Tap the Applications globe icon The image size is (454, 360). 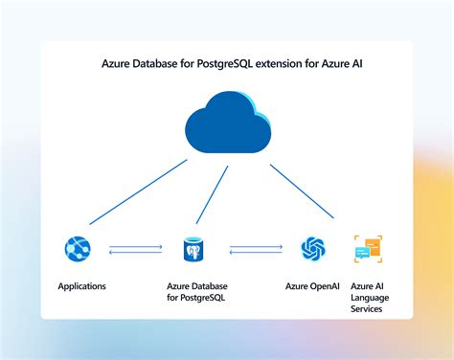point(78,249)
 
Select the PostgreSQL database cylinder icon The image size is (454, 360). point(196,251)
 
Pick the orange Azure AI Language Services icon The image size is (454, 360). point(367,249)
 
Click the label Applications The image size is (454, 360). point(81,286)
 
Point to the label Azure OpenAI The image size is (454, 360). point(312,286)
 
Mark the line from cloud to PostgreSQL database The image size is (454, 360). point(214,197)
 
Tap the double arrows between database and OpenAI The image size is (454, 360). point(256,251)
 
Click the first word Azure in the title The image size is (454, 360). point(117,66)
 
